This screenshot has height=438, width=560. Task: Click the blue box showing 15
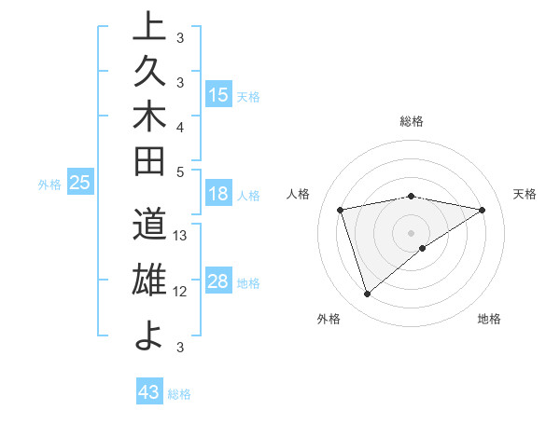click(x=218, y=95)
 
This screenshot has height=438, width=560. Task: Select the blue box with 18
click(x=218, y=195)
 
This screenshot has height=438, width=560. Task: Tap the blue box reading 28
click(x=218, y=282)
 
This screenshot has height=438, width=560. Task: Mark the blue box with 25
click(x=80, y=184)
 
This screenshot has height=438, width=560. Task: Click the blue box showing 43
click(x=149, y=392)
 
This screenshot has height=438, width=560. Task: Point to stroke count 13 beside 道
click(x=181, y=235)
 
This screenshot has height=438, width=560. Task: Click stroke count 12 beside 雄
click(x=181, y=292)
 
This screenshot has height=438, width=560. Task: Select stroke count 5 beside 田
click(x=181, y=171)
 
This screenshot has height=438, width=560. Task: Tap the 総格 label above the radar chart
click(x=412, y=121)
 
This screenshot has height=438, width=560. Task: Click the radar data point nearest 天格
click(x=482, y=210)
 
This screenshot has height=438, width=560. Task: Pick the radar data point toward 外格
click(x=368, y=294)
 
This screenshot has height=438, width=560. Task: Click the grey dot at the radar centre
click(x=412, y=232)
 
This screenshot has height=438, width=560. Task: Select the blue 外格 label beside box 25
click(x=49, y=185)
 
